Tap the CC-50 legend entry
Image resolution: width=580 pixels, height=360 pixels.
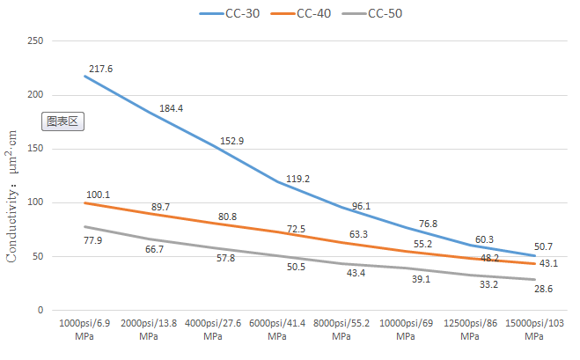385,13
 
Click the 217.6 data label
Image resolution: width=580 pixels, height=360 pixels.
100,68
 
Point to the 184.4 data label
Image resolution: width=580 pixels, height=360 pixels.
171,108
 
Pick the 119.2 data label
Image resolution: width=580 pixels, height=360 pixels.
299,178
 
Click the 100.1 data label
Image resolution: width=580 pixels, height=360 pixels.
99,195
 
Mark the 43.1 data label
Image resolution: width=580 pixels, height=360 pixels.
549,264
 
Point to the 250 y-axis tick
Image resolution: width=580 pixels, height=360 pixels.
35,40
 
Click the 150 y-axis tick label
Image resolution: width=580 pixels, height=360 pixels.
35,149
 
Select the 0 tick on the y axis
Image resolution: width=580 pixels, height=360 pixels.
40,311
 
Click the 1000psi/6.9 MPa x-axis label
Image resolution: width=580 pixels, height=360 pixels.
84,330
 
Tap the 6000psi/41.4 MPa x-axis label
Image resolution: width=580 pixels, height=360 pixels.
277,330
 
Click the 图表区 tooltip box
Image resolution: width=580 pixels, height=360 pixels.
63,121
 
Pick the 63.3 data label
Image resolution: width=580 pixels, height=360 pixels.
356,235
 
